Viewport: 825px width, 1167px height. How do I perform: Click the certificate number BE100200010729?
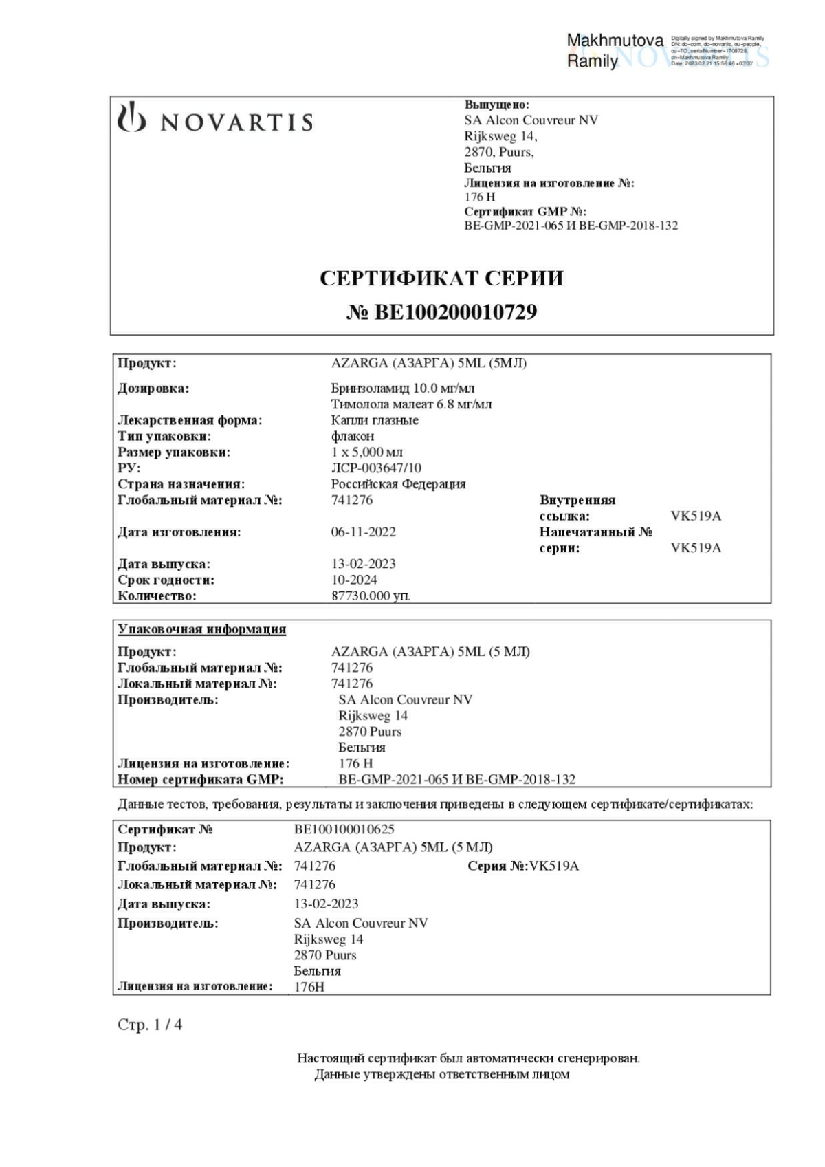[441, 313]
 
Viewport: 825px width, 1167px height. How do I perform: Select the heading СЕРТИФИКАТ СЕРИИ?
[441, 279]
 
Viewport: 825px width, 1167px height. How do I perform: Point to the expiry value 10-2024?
[354, 580]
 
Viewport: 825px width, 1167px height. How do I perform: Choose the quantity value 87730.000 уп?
[371, 596]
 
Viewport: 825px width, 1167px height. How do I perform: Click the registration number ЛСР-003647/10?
[376, 468]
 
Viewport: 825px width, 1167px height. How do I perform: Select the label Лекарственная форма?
[190, 420]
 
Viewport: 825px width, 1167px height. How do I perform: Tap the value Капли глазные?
[375, 420]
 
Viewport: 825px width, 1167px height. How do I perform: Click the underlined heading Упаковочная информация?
[201, 629]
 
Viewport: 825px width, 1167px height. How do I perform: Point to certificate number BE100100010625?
[344, 829]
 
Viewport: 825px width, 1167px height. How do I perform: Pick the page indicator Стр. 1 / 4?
[150, 1025]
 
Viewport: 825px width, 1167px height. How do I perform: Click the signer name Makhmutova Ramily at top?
[614, 51]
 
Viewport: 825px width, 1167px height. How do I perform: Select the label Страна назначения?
[181, 484]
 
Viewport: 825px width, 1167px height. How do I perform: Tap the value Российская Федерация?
[398, 484]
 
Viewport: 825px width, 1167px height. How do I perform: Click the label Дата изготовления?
[179, 532]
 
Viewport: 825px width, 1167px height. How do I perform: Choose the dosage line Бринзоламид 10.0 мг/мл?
[403, 389]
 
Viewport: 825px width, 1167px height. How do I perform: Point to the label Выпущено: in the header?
[496, 105]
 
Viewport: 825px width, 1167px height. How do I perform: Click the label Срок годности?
[166, 580]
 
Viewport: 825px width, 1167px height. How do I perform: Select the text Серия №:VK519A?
[523, 866]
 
